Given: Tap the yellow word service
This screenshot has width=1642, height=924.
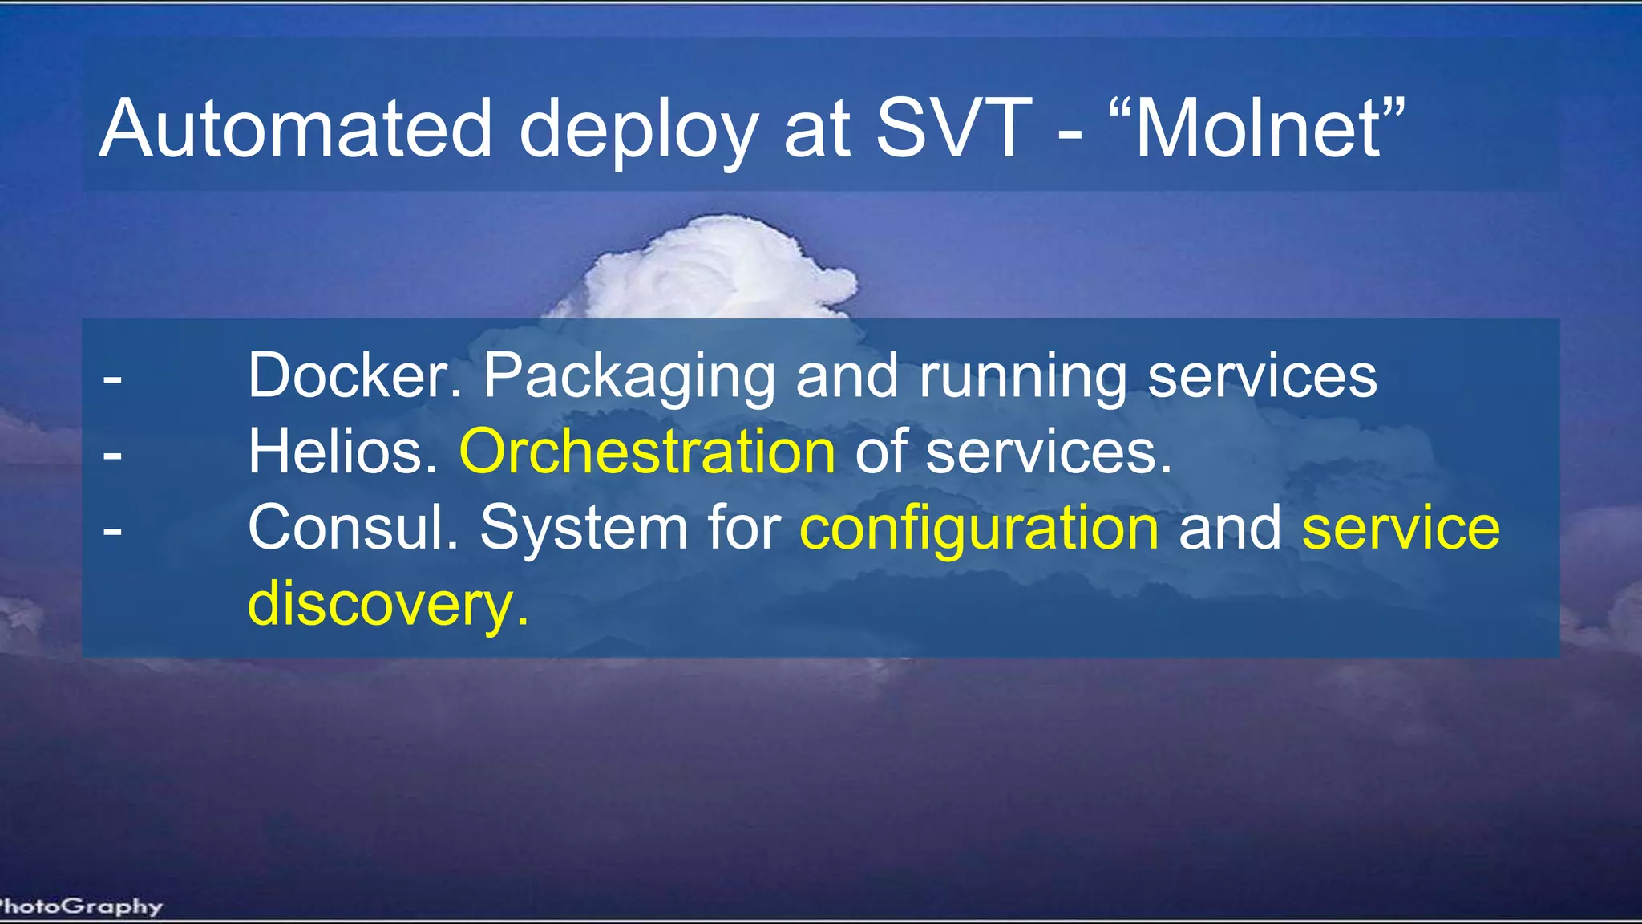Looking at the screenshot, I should (x=1400, y=528).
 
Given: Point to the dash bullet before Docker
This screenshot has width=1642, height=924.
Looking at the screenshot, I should (x=113, y=377).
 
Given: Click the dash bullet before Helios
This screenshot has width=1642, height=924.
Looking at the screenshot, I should (x=113, y=454).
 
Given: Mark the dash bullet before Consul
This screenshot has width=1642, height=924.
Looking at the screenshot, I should (x=113, y=530).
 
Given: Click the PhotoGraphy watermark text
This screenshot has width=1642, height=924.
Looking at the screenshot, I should (x=80, y=906).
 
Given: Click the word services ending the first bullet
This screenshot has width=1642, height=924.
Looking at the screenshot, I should (x=1262, y=375).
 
